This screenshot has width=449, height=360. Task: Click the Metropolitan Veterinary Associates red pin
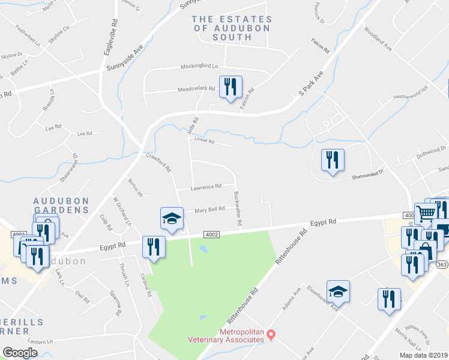[x=271, y=334]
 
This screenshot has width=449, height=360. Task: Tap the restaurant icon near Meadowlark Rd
[x=231, y=87]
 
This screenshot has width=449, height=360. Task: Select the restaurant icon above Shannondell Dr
[x=333, y=160]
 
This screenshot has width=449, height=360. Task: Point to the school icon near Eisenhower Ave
[x=339, y=292]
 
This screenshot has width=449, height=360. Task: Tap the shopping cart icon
[x=425, y=212]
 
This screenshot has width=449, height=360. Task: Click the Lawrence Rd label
[x=206, y=187]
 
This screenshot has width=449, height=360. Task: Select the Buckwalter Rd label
[x=237, y=209]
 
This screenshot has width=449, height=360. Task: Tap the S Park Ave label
[x=311, y=83]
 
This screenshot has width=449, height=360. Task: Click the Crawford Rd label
[x=159, y=162]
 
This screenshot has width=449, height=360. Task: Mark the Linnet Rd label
[x=204, y=140]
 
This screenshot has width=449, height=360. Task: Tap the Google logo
[x=20, y=353]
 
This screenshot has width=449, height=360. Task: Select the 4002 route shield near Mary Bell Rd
[x=211, y=235]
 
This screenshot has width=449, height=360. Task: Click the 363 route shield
[x=442, y=264]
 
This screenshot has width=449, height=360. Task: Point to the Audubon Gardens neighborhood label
[x=61, y=205]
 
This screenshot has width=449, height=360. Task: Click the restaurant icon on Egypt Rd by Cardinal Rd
[x=153, y=246]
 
